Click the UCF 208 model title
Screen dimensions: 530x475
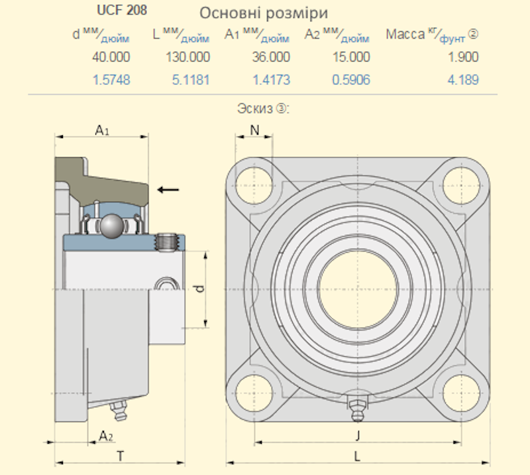pyautogui.click(x=122, y=10)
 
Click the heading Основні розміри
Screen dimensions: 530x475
pyautogui.click(x=264, y=13)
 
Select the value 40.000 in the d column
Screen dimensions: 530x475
pyautogui.click(x=111, y=57)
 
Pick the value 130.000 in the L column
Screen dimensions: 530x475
pyautogui.click(x=187, y=57)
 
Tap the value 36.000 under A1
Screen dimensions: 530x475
pyautogui.click(x=271, y=57)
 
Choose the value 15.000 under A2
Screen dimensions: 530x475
pyautogui.click(x=351, y=57)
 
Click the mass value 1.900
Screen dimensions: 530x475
pyautogui.click(x=463, y=57)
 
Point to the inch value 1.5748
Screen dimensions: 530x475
pyautogui.click(x=111, y=80)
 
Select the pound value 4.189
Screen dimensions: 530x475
pyautogui.click(x=463, y=80)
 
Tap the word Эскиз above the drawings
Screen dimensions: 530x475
pyautogui.click(x=254, y=109)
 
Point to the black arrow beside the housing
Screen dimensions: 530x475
pyautogui.click(x=168, y=190)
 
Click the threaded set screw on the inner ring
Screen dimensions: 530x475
pyautogui.click(x=166, y=243)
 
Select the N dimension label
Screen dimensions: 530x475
pyautogui.click(x=254, y=130)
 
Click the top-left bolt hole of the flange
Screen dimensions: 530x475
pyautogui.click(x=254, y=186)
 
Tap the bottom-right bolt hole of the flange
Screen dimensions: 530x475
pyautogui.click(x=461, y=393)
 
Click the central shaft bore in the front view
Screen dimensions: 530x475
pyautogui.click(x=358, y=289)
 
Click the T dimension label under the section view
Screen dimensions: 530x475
pyautogui.click(x=121, y=456)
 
